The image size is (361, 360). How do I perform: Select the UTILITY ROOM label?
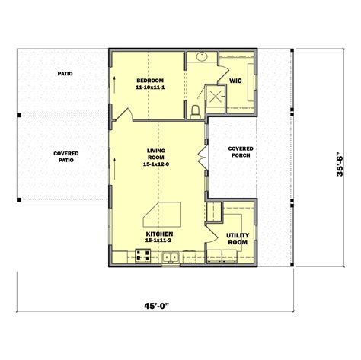coord(238,240)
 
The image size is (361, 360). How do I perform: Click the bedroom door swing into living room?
coord(123,114)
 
